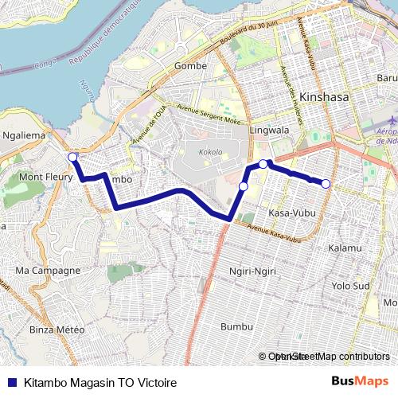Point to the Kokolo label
pos(210,151)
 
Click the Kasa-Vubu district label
pos(290,213)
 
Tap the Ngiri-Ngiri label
pos(252,271)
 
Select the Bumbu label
pos(236,327)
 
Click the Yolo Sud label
pos(351,285)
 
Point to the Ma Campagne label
pos(49,271)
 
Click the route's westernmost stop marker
pos(72,157)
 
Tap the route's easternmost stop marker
pos(326,184)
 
